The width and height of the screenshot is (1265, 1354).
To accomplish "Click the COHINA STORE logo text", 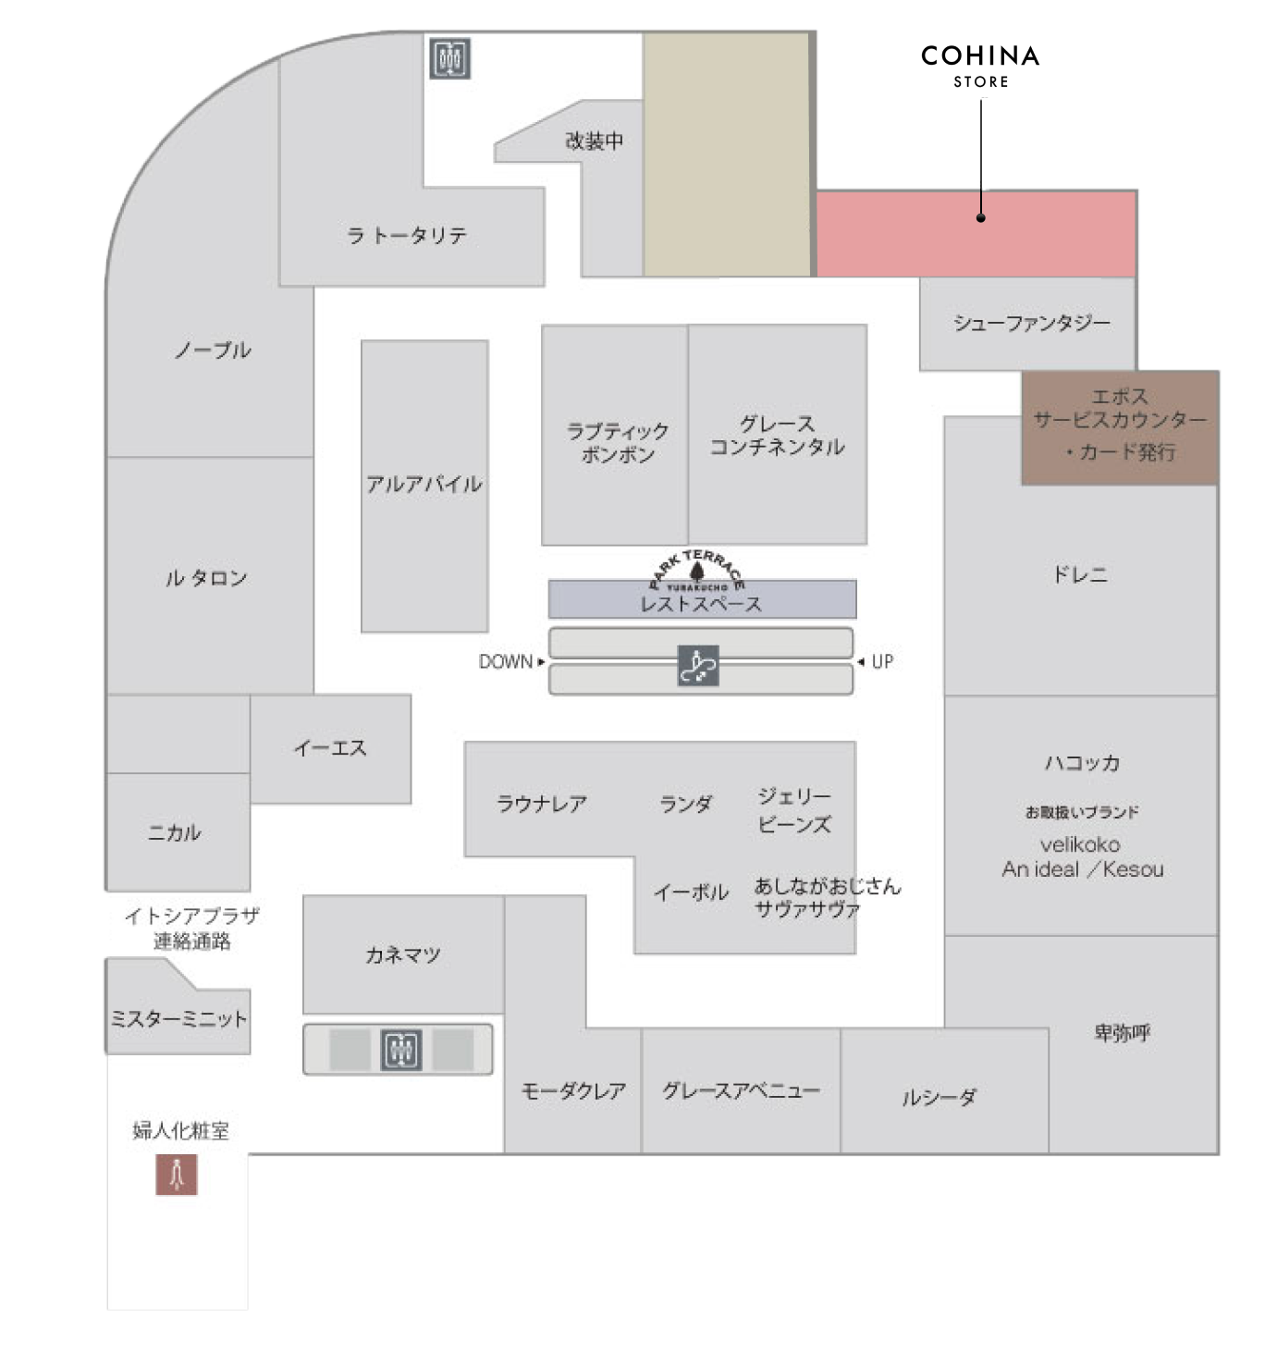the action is [980, 67].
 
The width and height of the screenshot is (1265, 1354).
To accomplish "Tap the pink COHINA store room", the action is [976, 234].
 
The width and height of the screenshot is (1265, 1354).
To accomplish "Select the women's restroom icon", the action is [176, 1174].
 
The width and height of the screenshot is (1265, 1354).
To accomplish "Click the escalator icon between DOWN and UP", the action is [698, 665].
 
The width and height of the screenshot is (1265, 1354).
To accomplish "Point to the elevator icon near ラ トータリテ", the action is [449, 58].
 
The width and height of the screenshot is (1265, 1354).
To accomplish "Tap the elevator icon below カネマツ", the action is [401, 1049].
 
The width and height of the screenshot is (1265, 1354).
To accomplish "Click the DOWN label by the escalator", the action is [505, 661].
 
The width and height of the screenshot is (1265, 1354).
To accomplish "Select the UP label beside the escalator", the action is [882, 661].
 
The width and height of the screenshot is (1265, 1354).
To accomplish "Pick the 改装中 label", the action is [594, 142].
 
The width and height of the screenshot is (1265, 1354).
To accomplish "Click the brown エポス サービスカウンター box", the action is [1119, 427].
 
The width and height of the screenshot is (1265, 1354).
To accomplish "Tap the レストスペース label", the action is [700, 604].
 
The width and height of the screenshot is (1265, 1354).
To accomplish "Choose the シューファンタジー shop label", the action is [1032, 323].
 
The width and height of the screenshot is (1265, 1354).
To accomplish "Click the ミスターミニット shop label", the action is [178, 1018].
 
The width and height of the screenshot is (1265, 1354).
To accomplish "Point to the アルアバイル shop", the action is [424, 485].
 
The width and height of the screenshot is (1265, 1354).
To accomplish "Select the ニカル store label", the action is [175, 831].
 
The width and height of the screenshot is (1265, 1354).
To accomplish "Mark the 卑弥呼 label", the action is [1122, 1033].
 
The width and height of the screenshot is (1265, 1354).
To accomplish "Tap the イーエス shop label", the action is [330, 748].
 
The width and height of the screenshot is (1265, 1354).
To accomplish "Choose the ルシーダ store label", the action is [939, 1097].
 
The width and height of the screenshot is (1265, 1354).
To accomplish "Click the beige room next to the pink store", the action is [727, 154].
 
